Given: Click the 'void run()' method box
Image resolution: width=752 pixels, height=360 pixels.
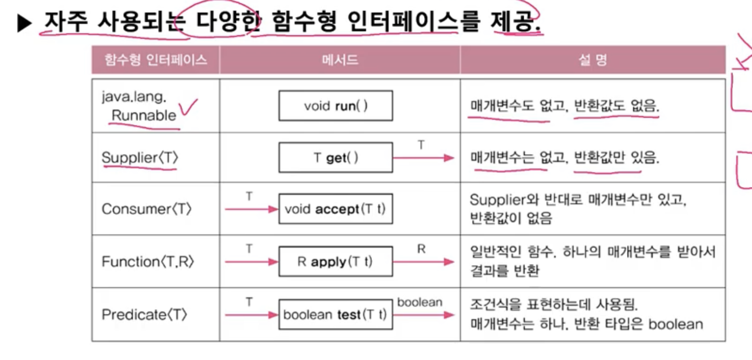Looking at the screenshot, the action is (336, 106).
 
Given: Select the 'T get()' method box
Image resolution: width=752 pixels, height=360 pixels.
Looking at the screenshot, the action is (336, 157).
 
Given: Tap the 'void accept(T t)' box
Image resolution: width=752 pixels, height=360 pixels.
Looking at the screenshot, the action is (336, 209).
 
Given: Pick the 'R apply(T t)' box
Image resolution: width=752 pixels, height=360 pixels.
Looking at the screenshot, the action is (336, 261).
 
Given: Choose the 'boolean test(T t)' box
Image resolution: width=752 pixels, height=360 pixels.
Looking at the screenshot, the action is (336, 315).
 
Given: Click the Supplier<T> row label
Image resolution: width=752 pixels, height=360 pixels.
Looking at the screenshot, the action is (139, 157).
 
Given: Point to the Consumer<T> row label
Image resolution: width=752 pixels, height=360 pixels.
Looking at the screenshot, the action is (146, 209).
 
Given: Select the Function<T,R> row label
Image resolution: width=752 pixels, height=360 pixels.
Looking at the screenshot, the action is (147, 261).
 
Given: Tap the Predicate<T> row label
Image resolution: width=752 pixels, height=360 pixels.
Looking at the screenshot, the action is (144, 315).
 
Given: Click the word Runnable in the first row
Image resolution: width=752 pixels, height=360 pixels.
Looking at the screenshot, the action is (144, 115).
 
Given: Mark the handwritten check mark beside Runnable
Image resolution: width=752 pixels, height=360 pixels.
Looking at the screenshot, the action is (188, 107).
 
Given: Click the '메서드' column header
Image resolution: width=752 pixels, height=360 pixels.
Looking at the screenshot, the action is (340, 60).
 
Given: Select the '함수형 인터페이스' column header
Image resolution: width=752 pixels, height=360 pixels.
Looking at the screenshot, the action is (156, 60).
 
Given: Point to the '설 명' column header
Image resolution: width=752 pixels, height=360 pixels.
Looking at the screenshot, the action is (593, 60).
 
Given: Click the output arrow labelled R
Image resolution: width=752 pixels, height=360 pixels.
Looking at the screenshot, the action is (423, 261).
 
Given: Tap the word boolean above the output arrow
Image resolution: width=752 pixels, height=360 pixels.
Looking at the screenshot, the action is (420, 302).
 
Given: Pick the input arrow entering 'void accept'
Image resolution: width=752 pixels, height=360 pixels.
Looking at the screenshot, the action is (251, 209).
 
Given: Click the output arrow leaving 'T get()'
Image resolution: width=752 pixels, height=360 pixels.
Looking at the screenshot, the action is (423, 157).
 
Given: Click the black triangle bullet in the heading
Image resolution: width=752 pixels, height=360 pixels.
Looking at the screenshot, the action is (24, 23).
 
